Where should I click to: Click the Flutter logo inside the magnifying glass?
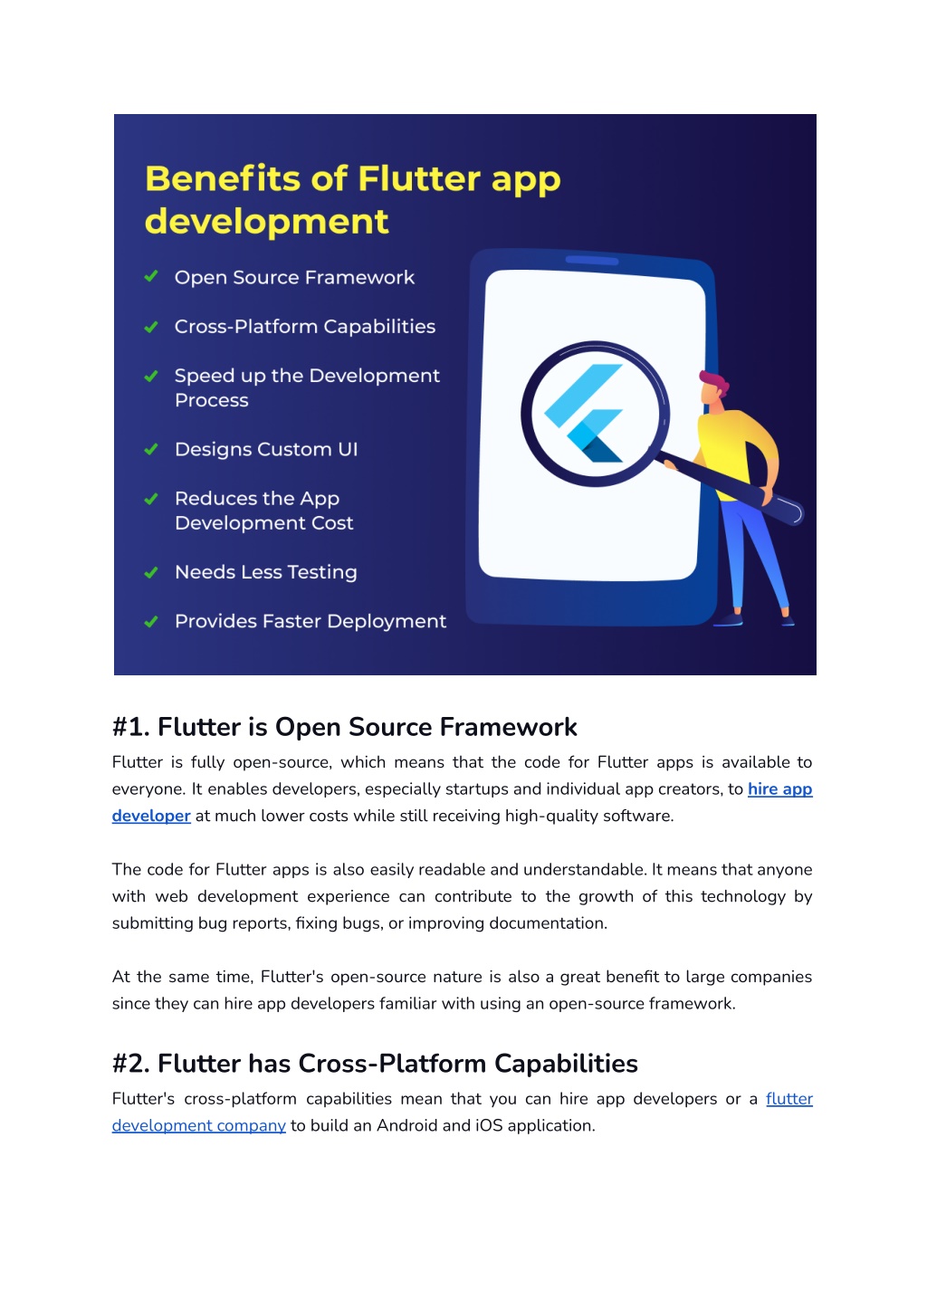(x=583, y=413)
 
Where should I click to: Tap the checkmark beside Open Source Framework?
(x=151, y=276)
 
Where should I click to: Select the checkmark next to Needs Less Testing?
(x=151, y=572)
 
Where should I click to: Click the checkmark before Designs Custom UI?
(x=151, y=449)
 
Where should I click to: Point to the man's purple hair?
(x=715, y=382)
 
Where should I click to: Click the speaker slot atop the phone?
(x=591, y=260)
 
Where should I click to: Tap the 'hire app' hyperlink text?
(x=779, y=788)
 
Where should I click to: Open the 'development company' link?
(x=199, y=1125)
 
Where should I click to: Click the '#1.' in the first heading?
(x=131, y=727)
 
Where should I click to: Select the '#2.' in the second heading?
(x=131, y=1064)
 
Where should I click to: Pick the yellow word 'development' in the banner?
(x=266, y=222)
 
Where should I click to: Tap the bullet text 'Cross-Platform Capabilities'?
(x=305, y=326)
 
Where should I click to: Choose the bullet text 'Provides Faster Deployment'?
(x=311, y=621)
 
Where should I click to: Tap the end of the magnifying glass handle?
(x=798, y=513)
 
